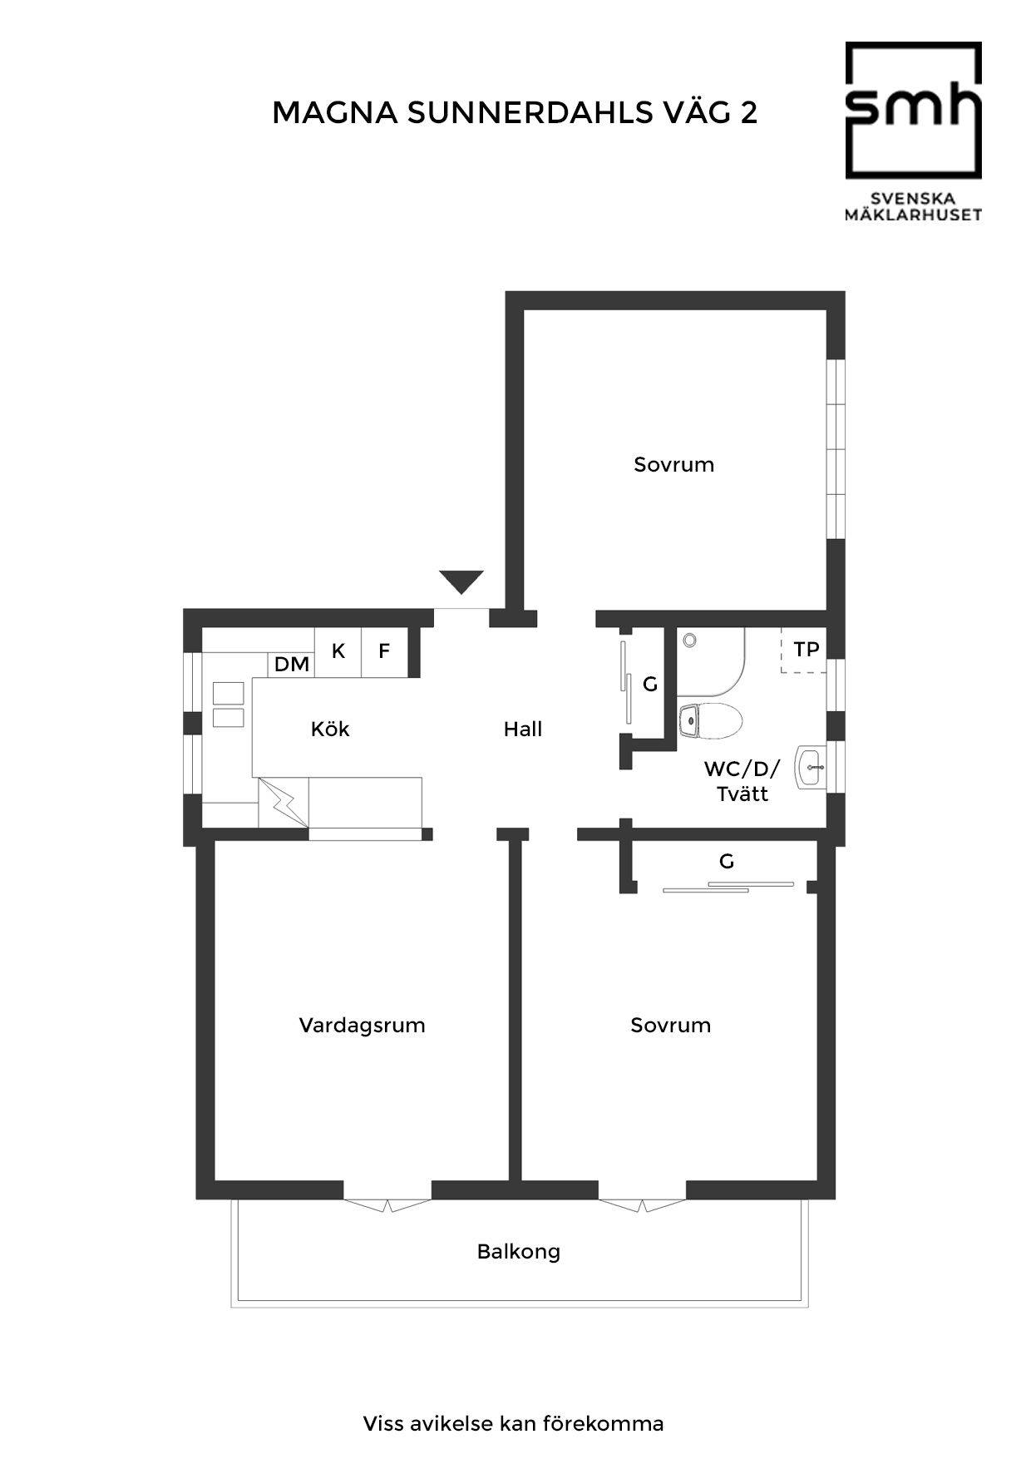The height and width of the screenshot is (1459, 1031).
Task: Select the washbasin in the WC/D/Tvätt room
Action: pyautogui.click(x=811, y=767)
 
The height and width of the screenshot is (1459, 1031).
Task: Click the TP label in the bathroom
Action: pyautogui.click(x=807, y=650)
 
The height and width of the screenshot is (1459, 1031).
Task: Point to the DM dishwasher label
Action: pyautogui.click(x=292, y=665)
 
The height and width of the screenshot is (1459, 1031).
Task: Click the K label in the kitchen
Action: pyautogui.click(x=338, y=651)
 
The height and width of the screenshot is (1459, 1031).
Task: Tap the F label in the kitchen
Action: pyautogui.click(x=384, y=651)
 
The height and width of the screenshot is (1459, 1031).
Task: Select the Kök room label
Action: pyautogui.click(x=330, y=729)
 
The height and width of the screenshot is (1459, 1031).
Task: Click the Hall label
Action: pyautogui.click(x=523, y=729)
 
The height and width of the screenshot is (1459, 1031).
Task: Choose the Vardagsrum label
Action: pyautogui.click(x=363, y=1026)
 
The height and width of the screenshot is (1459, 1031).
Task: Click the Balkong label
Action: pyautogui.click(x=519, y=1252)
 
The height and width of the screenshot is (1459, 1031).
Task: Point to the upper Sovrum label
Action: pyautogui.click(x=674, y=465)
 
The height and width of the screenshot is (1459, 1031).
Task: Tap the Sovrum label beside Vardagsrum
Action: pyautogui.click(x=671, y=1026)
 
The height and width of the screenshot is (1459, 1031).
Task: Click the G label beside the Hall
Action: pyautogui.click(x=650, y=685)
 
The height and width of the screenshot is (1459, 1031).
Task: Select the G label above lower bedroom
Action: pyautogui.click(x=727, y=862)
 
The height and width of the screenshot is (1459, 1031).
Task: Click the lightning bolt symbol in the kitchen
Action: pyautogui.click(x=284, y=803)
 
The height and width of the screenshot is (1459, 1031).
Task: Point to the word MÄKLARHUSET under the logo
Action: pyautogui.click(x=913, y=215)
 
